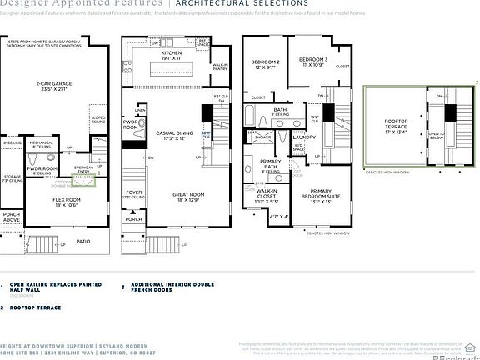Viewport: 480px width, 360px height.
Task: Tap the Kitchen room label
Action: click(170, 56)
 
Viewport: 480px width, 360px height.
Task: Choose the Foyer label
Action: click(135, 193)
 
